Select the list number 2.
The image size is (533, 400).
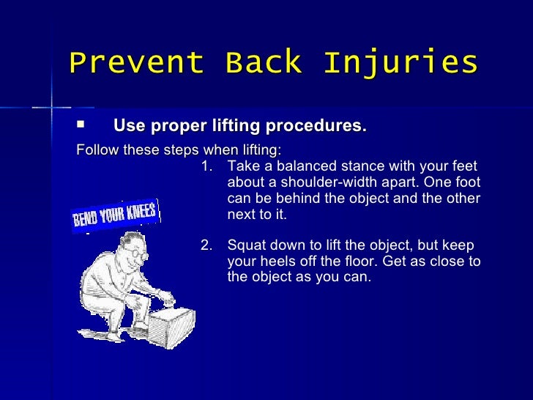pyautogui.click(x=205, y=245)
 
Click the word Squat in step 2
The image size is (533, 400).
pyautogui.click(x=245, y=245)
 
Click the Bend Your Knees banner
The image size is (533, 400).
pyautogui.click(x=115, y=215)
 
